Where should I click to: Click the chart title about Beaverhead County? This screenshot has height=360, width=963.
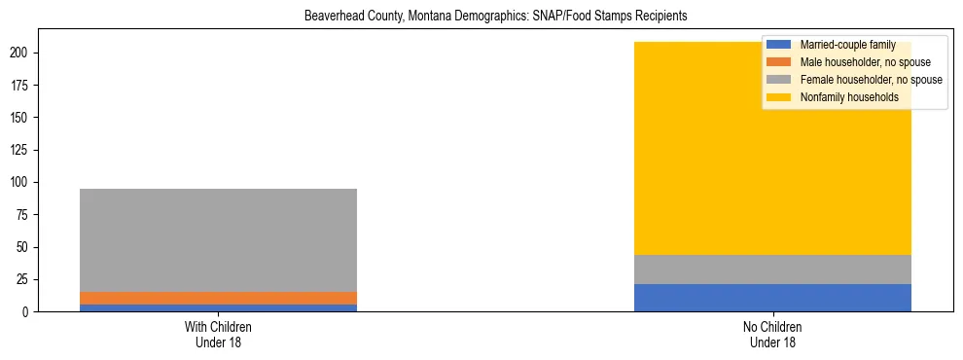pos(481,17)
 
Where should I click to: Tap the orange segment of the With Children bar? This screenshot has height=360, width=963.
pos(218,299)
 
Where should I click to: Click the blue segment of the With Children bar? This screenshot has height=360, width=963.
pos(218,308)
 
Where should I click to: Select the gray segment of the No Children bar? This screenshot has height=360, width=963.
pos(772,270)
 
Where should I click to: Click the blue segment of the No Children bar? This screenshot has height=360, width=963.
pos(772,298)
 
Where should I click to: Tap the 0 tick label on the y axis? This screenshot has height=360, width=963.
pos(32,312)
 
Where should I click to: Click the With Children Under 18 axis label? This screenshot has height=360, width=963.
pos(218,335)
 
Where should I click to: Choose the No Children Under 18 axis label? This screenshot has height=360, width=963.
pos(772,335)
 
